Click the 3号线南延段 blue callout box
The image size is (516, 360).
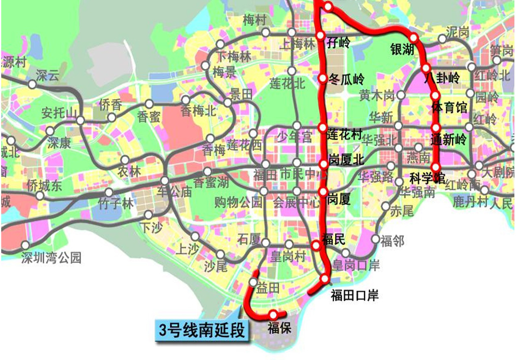point(202,330)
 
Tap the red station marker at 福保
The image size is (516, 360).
point(273,315)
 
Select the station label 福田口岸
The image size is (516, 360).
point(355,295)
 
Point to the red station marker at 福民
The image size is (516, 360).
point(316,245)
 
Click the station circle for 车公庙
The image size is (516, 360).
point(165,181)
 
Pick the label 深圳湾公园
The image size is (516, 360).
point(52,258)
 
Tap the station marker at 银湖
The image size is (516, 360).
point(414,38)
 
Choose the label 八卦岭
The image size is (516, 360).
point(442,78)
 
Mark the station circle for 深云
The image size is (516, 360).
point(32,84)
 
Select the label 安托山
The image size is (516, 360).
point(59,113)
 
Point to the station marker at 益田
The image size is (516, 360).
point(253,282)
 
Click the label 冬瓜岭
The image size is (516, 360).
point(346,79)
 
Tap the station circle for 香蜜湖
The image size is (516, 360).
point(207,172)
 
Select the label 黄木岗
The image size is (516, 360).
point(377,96)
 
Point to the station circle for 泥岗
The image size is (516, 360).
point(442,39)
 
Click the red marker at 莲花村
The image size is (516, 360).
point(322,128)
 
